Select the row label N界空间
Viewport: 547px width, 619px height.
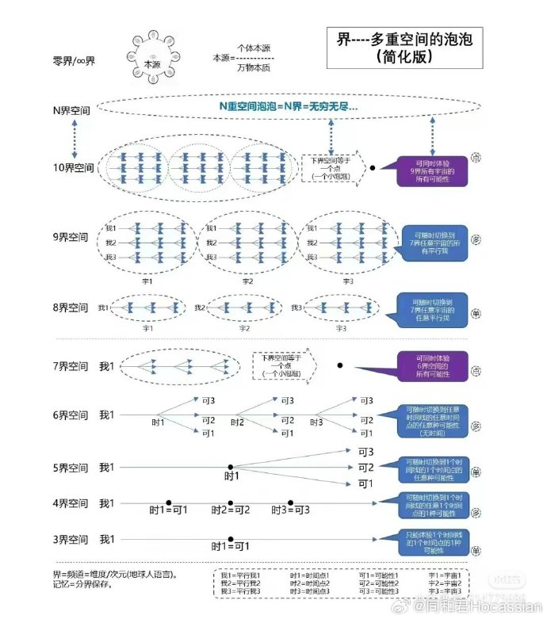point(71,111)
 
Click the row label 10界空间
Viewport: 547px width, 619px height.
point(73,168)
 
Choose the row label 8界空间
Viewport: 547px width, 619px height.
point(71,308)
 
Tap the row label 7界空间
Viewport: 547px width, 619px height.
point(71,367)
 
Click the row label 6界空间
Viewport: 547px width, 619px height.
point(71,415)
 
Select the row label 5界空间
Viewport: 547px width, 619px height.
point(71,468)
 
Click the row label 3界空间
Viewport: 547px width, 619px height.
point(71,540)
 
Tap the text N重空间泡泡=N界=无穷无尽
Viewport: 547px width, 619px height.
point(289,106)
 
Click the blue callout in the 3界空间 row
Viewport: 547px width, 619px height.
point(430,541)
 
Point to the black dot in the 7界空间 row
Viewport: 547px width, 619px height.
point(340,365)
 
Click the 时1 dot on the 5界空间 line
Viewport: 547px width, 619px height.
point(231,467)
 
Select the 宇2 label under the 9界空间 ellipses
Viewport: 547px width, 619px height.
point(247,281)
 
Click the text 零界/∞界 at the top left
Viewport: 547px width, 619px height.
point(74,60)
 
